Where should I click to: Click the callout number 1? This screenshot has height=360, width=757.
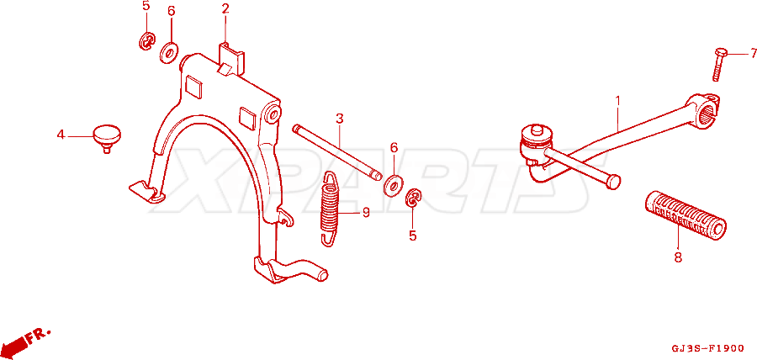pos(617,101)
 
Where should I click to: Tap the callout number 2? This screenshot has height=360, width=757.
pos(225,8)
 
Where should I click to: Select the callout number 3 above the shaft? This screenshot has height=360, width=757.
pos(340,119)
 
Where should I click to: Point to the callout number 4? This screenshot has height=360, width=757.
pos(61,135)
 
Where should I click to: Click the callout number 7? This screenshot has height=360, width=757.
pos(753,53)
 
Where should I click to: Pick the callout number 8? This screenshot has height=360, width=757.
pos(678,257)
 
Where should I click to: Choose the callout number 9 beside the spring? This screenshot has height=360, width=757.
pos(366,212)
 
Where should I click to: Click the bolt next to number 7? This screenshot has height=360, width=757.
pos(719,64)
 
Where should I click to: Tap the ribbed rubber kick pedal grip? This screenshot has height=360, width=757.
pos(685,215)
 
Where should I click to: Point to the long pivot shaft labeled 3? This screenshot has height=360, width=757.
pos(337,152)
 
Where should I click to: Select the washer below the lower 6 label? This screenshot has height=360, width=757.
pos(394,186)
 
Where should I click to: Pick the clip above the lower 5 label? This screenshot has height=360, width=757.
pos(414,199)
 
